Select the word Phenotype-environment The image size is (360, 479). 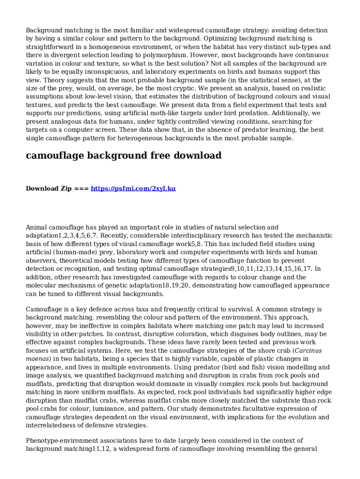(64, 441)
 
